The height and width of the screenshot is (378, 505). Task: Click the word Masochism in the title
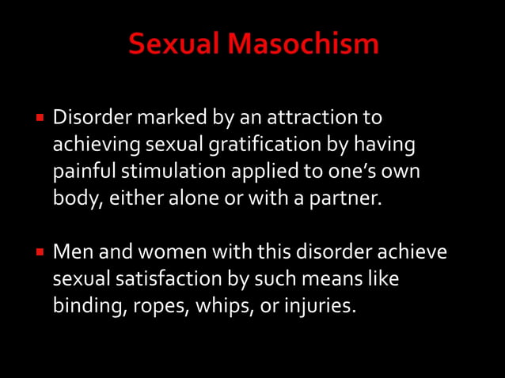pos(303,44)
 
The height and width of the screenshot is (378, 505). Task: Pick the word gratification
pos(249,146)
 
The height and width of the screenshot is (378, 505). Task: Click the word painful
pos(82,172)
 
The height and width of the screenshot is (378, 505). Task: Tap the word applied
pos(258,172)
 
